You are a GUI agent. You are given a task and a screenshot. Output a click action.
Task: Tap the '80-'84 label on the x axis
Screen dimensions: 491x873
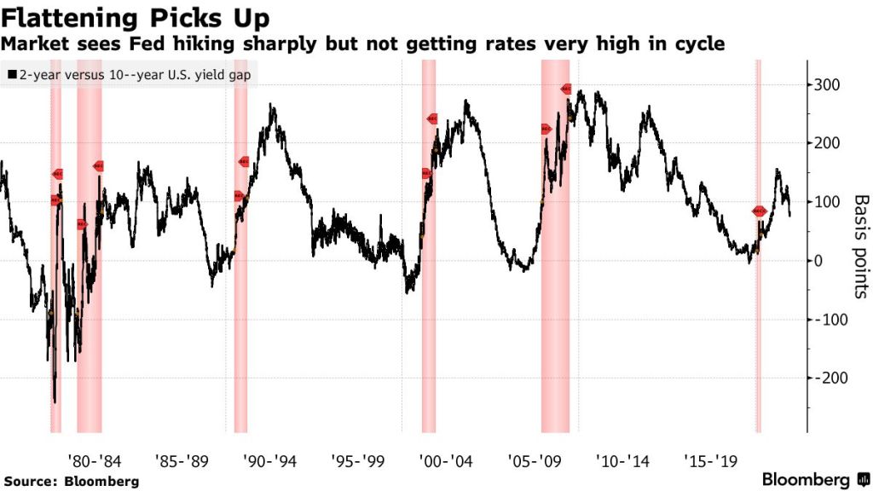click(x=95, y=461)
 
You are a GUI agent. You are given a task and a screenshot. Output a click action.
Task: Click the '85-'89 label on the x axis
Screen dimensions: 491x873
click(x=182, y=461)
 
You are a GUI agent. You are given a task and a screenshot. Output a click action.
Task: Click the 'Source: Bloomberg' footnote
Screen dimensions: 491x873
click(x=70, y=481)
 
